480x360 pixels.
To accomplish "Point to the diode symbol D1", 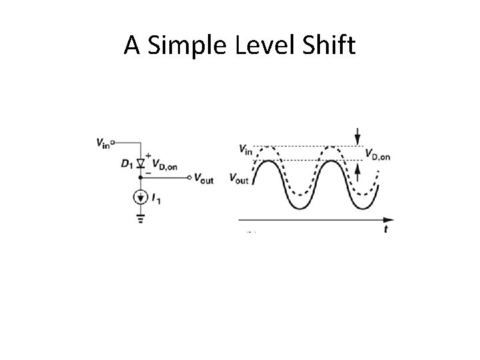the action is coord(141,163).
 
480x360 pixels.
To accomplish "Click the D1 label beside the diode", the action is coord(126,164).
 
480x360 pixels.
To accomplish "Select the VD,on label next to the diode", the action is coord(165,165).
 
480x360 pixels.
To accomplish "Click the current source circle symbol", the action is coord(141,197).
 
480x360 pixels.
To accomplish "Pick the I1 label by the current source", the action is coord(157,197).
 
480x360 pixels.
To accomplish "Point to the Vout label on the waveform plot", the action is coord(238,179).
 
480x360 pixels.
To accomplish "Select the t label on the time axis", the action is coord(386,229).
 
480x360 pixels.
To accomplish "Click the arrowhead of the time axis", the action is coord(389,218).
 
